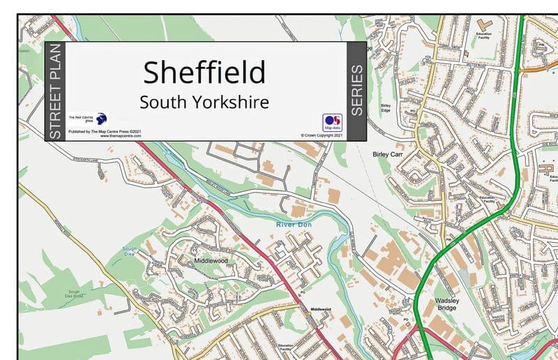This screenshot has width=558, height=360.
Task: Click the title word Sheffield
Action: (x=204, y=72)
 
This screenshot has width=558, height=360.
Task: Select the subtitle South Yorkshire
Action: (x=204, y=102)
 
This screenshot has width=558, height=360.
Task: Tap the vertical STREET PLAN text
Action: (x=56, y=91)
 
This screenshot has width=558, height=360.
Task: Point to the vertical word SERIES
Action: (x=356, y=90)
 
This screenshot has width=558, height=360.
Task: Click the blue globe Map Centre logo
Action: (x=101, y=119)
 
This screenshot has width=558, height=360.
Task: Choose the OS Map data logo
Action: (x=332, y=121)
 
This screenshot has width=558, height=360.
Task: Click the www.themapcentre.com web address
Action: (x=121, y=135)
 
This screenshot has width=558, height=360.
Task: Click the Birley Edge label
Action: (x=386, y=109)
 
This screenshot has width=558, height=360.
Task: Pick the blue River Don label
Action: (x=294, y=225)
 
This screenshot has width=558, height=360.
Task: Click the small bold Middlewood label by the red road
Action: (x=320, y=309)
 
